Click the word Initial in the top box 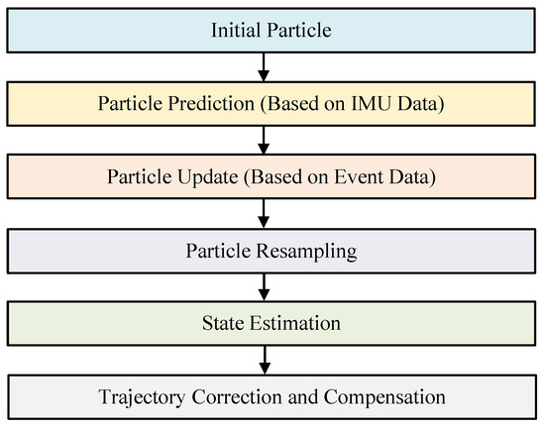tap(236, 30)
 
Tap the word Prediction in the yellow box tap(211, 104)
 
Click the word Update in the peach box tap(208, 177)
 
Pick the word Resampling tap(306, 252)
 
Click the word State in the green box tap(223, 323)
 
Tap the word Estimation tap(295, 323)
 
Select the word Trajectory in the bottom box tap(142, 397)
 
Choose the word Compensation tap(384, 397)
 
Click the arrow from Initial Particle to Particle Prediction tap(264, 67)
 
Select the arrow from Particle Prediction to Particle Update tap(264, 140)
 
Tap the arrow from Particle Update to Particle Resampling tap(264, 213)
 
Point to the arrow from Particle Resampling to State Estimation tap(265, 287)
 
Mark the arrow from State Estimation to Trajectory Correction tap(265, 360)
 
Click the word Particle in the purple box tap(218, 251)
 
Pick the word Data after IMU tap(421, 104)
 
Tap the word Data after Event tap(412, 177)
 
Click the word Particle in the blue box tap(299, 30)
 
